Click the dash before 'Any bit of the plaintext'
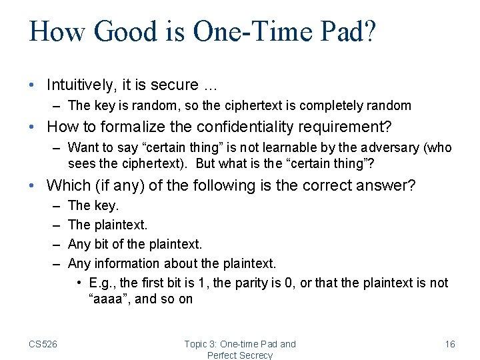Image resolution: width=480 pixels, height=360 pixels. (x=55, y=245)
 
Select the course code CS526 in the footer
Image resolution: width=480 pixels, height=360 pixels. (x=43, y=344)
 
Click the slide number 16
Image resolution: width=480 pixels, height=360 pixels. (x=450, y=344)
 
